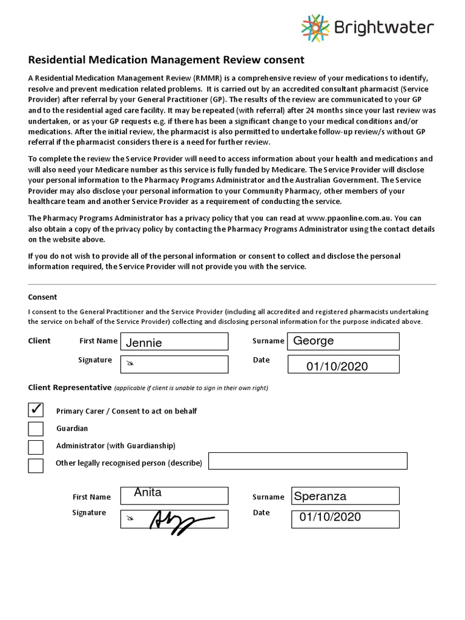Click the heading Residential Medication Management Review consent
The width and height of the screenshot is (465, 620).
167,60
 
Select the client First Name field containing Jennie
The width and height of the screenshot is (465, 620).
174,341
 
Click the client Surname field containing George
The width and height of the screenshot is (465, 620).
343,341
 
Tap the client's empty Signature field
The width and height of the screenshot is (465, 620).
174,364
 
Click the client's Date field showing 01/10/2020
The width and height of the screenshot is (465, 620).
343,364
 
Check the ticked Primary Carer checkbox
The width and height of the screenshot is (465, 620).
36,411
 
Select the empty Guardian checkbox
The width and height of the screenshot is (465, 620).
36,429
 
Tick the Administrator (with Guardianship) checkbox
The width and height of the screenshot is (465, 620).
36,447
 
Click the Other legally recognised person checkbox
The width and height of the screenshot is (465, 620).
36,465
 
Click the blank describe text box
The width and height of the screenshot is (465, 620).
308,461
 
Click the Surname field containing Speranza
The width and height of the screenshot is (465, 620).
345,496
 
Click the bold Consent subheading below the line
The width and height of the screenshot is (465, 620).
42,297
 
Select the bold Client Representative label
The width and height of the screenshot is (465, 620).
70,387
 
